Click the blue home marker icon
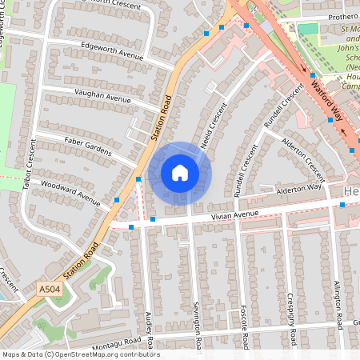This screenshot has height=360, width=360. point(180,172)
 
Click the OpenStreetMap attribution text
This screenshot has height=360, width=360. point(80,354)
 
